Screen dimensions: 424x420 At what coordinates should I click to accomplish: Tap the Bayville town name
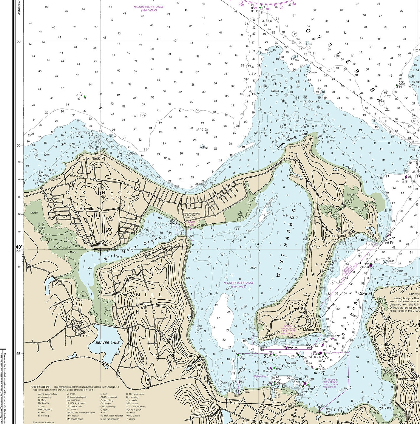point(87,209)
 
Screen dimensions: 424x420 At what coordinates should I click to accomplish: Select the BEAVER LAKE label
point(107,343)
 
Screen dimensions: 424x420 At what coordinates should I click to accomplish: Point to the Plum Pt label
point(387,243)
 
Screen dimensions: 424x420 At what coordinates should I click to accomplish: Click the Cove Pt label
point(365,293)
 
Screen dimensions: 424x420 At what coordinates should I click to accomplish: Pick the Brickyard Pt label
point(270,336)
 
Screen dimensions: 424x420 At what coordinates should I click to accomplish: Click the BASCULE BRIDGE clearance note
point(192,215)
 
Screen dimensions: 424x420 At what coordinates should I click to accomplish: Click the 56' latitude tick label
point(19,41)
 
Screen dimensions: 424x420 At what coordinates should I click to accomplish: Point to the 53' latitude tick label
point(19,353)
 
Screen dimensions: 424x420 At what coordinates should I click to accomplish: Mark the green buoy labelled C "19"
point(85,97)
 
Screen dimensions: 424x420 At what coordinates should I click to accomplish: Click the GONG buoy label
point(402,85)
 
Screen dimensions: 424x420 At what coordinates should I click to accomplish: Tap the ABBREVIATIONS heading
point(40,387)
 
